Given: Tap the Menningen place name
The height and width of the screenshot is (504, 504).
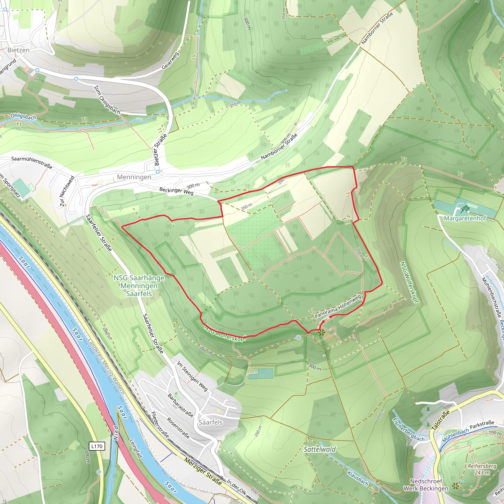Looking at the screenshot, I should click(134, 177).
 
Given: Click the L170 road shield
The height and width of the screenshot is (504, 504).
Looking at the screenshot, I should click(97, 446).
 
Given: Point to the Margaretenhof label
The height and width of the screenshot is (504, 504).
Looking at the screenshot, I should click(465, 218).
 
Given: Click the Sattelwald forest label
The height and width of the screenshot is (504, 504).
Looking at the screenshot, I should click(320, 449).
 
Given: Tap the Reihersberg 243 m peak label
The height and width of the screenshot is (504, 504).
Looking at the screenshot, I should click(482, 469).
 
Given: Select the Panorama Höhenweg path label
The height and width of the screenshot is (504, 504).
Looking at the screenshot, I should click(338, 306).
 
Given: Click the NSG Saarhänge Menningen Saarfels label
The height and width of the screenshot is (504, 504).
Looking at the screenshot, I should click(139, 286).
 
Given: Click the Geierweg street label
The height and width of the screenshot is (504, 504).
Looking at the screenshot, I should click(170, 61).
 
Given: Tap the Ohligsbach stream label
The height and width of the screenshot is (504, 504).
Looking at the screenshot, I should click(23, 116).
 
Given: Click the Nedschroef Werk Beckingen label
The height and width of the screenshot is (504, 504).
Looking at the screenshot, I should click(426, 485).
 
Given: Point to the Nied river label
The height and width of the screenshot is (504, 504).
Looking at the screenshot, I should click(116, 433).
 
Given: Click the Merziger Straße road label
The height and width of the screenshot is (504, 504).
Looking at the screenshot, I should click(203, 471).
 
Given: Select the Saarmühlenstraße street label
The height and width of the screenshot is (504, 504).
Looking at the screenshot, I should click(31, 162).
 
